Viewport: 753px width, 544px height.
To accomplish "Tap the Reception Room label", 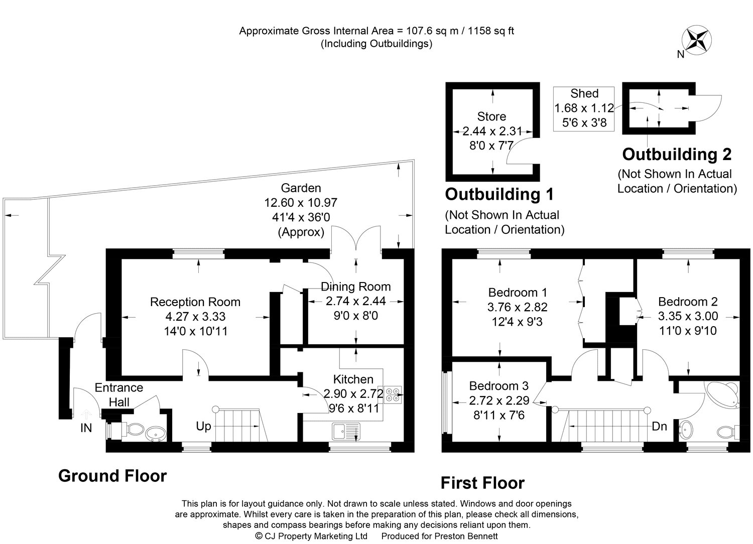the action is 195,302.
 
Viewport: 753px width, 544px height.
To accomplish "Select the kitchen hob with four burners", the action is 393,394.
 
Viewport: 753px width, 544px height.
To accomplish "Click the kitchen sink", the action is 346,432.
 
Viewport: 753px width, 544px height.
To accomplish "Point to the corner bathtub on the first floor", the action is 723,395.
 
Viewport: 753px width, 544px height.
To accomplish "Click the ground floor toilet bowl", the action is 135,430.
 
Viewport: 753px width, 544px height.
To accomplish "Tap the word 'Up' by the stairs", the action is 203,427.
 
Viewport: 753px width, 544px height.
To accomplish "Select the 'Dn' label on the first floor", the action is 659,427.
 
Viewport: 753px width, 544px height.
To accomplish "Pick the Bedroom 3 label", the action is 499,386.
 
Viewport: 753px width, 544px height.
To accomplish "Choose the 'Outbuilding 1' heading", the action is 499,194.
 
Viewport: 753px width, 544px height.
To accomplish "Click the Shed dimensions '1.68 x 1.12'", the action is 584,108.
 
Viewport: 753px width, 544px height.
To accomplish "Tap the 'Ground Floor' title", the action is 112,476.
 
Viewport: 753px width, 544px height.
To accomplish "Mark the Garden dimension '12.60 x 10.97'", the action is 301,203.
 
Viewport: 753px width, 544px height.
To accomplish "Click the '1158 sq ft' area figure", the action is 491,31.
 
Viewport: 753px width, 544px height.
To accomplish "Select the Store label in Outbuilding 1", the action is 491,116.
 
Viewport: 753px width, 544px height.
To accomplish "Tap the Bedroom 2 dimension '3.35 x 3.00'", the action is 688,316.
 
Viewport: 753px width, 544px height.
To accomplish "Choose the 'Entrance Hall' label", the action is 119,395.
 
